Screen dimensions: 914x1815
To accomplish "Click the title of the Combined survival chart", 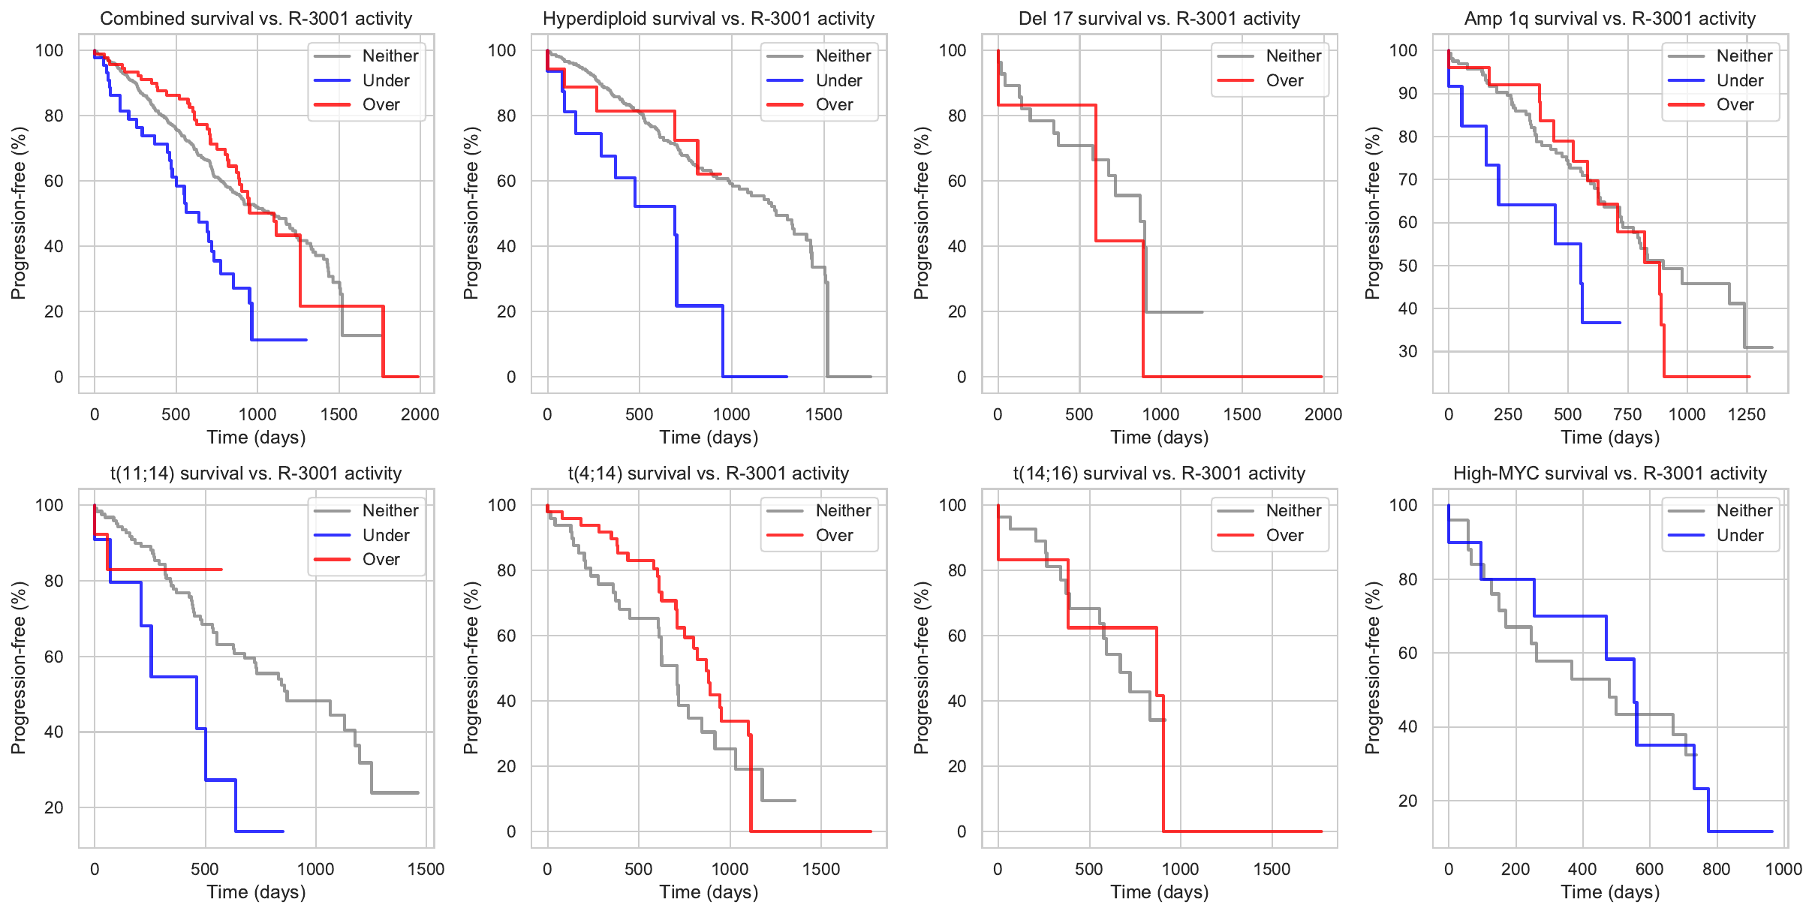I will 256,19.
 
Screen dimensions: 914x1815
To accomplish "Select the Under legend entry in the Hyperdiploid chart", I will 838,80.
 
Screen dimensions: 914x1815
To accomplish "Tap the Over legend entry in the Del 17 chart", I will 1284,80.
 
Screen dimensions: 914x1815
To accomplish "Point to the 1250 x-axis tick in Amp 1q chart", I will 1747,414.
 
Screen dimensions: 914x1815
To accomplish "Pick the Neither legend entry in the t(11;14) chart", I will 390,510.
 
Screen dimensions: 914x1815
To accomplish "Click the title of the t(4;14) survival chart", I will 708,474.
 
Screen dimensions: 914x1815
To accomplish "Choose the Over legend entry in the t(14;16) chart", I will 1284,535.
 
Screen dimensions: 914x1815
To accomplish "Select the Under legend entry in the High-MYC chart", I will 1739,535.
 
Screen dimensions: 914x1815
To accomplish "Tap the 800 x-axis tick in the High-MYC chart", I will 1717,869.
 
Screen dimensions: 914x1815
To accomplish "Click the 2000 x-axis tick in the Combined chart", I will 420,414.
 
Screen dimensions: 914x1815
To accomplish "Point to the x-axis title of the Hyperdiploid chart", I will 709,437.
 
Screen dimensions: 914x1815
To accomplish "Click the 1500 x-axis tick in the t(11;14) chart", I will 426,869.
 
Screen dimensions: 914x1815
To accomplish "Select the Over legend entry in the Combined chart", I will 381,104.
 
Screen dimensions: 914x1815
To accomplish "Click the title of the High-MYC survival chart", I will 1609,474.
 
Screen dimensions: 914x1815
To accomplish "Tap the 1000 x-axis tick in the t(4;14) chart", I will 730,869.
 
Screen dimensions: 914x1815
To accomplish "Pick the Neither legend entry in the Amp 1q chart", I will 1744,56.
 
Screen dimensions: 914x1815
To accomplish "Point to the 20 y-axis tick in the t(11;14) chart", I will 54,807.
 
